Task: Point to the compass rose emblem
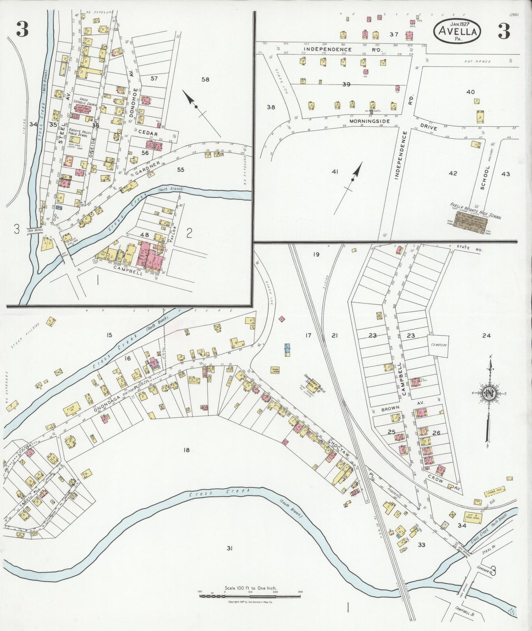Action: click(x=489, y=393)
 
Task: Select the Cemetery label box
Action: click(x=438, y=345)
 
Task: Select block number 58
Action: click(x=205, y=79)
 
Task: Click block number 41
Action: click(x=335, y=171)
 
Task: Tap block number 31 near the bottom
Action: click(x=229, y=548)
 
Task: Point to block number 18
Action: click(x=186, y=450)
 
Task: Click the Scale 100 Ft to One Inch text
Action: click(x=251, y=588)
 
